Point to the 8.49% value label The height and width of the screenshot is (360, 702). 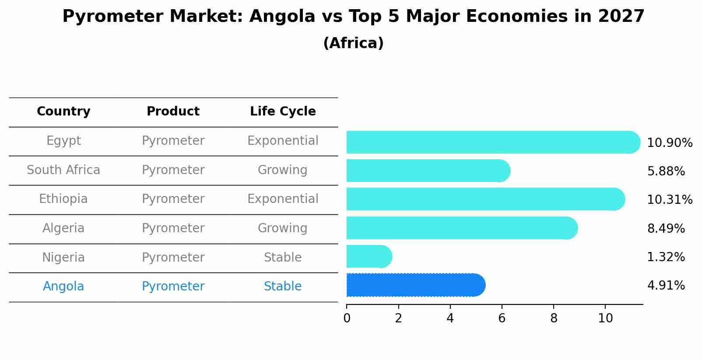[x=666, y=228]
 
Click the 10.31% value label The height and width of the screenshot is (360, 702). [x=669, y=199]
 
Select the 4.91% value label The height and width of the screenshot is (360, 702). [x=666, y=285]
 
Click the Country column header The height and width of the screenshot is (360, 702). [x=63, y=112]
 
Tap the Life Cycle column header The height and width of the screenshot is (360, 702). [x=283, y=112]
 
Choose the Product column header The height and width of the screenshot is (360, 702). [x=173, y=112]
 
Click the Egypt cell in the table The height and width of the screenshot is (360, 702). [x=63, y=141]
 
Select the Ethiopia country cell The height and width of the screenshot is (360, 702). [x=63, y=199]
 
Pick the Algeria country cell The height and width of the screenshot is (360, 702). [x=63, y=228]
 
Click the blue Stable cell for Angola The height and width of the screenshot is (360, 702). [x=283, y=287]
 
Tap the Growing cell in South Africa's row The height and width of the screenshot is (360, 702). [x=283, y=170]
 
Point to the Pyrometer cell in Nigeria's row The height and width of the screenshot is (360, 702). [x=173, y=257]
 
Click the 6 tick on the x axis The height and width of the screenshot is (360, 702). [x=502, y=318]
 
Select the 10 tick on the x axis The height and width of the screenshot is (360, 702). [x=605, y=318]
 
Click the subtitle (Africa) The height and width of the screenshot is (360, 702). [x=353, y=43]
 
